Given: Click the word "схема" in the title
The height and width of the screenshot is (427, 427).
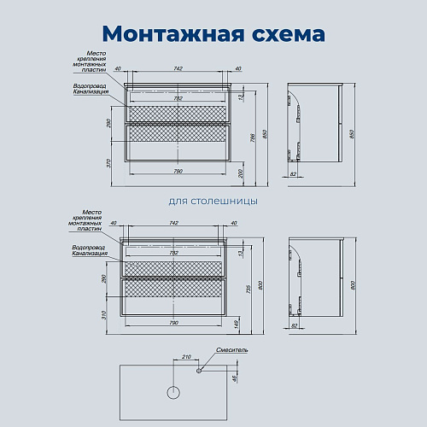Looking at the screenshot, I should click(x=284, y=33).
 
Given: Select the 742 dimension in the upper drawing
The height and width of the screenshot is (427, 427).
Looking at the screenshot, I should click(x=177, y=68).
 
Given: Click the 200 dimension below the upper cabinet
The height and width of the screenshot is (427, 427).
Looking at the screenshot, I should click(x=242, y=173).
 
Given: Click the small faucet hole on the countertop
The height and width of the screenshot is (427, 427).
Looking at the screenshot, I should click(x=200, y=371).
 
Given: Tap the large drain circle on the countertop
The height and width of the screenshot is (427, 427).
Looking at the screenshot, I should click(x=173, y=393).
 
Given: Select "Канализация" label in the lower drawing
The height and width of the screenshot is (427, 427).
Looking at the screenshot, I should click(x=90, y=254).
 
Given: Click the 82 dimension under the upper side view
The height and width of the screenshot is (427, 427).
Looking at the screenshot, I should click(x=295, y=175).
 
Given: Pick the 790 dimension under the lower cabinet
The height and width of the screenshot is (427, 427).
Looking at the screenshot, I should click(x=174, y=323).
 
